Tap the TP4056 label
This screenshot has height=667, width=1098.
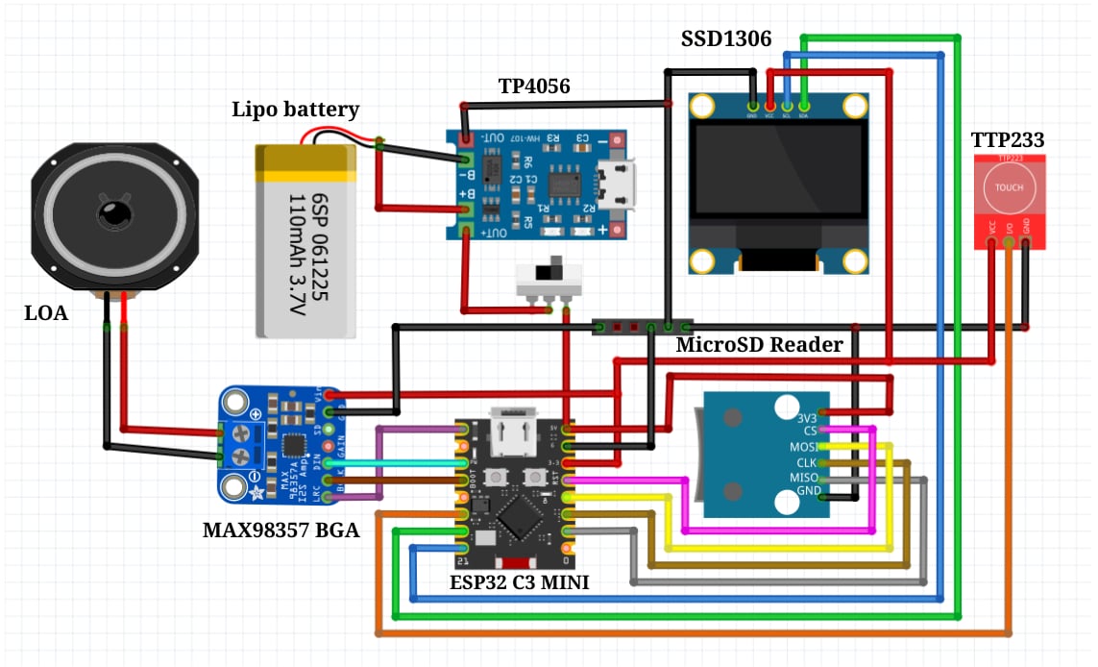(534, 86)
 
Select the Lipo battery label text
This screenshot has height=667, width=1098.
(296, 110)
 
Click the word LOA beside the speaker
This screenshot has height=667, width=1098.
(46, 312)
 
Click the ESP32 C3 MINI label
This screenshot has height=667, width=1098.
(519, 581)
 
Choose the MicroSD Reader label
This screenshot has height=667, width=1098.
(759, 344)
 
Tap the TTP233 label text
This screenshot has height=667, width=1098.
(1007, 140)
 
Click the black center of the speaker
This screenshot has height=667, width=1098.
(114, 213)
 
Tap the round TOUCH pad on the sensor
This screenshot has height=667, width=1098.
(1009, 188)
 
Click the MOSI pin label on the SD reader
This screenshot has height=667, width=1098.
(805, 447)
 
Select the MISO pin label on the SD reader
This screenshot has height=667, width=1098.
(805, 477)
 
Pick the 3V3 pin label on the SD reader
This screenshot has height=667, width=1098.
(808, 417)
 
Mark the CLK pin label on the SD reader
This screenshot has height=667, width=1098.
(807, 462)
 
